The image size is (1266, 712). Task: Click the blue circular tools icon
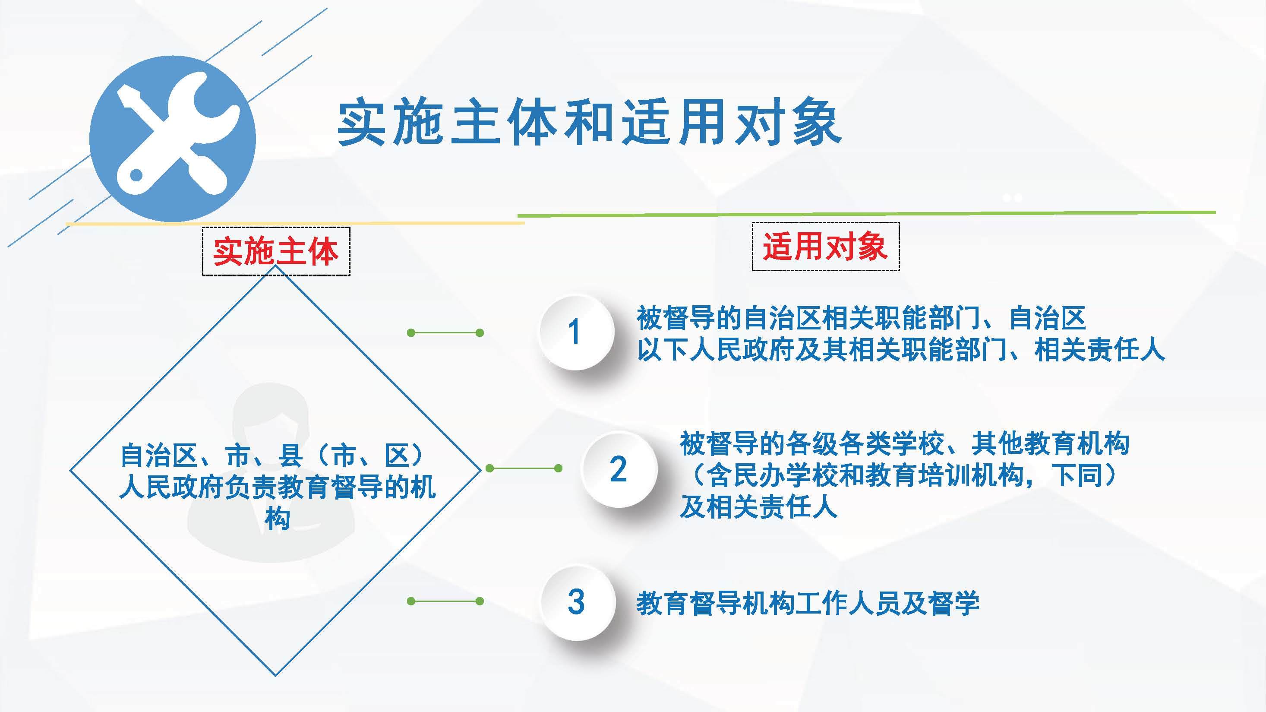[x=173, y=139]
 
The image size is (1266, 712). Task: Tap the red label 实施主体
[x=276, y=252]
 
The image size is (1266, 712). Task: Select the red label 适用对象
[x=825, y=247]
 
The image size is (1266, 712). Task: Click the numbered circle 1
[x=575, y=332]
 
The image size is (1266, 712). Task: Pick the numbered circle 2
[x=619, y=468]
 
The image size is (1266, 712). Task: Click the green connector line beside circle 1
[x=445, y=333]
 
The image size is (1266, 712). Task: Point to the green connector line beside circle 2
[x=524, y=468]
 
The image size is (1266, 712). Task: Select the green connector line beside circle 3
[x=445, y=601]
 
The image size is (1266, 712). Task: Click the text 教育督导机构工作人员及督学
[x=808, y=603]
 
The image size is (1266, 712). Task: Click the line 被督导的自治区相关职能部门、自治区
[x=861, y=318]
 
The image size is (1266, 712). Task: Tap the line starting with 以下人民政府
[x=901, y=350]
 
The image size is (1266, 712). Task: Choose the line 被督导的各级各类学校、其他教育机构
[x=905, y=443]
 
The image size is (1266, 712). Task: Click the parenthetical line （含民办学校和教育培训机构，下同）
[x=902, y=475]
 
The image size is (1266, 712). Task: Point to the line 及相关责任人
[x=758, y=507]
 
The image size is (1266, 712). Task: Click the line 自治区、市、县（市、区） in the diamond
[x=272, y=456]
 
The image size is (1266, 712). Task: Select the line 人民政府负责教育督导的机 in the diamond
[x=278, y=488]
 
